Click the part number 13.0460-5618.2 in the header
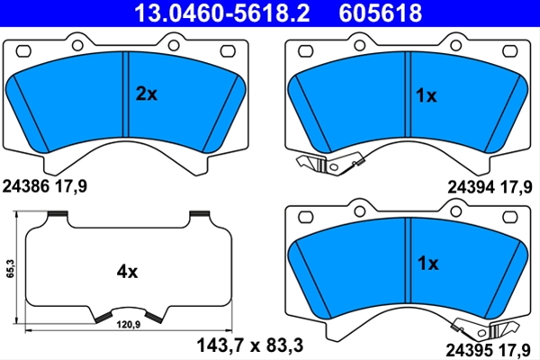click(222, 13)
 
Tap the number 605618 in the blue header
click(380, 13)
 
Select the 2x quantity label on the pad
click(147, 94)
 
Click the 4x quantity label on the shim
click(127, 272)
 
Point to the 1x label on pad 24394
click(427, 95)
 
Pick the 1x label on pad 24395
click(428, 264)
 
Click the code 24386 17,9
click(45, 186)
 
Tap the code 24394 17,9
click(490, 188)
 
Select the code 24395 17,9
click(488, 350)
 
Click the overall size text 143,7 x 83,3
click(249, 345)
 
